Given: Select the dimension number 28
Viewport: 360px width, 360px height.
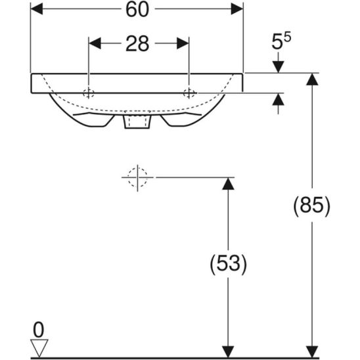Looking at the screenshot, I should coord(139,44).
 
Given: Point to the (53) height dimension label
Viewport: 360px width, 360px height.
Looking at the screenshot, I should coord(228,265).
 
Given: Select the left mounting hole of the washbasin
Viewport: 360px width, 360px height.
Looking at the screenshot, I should coord(89,91).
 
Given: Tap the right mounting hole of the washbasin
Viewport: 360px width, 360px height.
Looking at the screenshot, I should coord(189,91).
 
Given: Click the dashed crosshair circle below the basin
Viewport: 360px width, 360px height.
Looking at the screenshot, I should coord(137,177).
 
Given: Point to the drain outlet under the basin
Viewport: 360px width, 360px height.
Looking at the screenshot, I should coord(137,122).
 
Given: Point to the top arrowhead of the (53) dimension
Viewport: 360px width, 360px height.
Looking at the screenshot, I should coord(228,185).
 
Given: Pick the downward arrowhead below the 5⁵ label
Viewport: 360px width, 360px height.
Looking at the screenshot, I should coord(278,66).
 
